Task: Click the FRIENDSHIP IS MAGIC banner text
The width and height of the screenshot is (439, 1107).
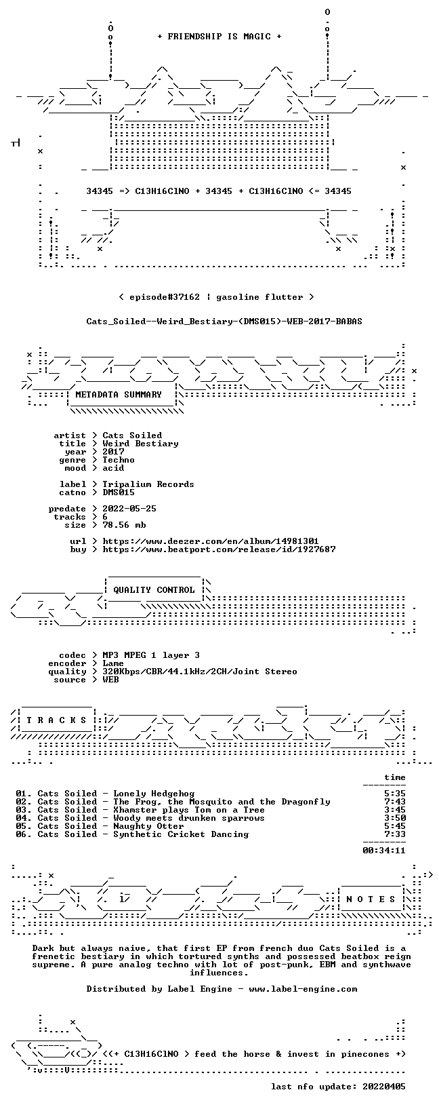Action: pyautogui.click(x=219, y=37)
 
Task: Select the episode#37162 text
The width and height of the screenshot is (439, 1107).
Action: pyautogui.click(x=165, y=297)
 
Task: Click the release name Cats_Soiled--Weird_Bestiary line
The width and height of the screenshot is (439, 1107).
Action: pyautogui.click(x=224, y=322)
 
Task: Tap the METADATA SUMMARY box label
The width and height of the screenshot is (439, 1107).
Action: pyautogui.click(x=119, y=394)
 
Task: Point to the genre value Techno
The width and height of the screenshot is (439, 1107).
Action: pyautogui.click(x=119, y=460)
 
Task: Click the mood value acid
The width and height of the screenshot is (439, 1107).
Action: pyautogui.click(x=113, y=468)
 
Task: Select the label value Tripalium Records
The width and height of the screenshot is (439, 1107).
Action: pyautogui.click(x=148, y=484)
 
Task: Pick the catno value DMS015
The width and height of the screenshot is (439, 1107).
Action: pyautogui.click(x=119, y=492)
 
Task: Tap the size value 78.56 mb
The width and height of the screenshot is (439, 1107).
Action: pyautogui.click(x=124, y=525)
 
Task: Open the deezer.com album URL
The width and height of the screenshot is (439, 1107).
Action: pyautogui.click(x=211, y=541)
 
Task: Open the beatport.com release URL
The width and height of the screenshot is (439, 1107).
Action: pyautogui.click(x=219, y=549)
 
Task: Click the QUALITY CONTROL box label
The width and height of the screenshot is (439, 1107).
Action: pyautogui.click(x=154, y=589)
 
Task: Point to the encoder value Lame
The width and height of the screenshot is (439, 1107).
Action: pyautogui.click(x=113, y=663)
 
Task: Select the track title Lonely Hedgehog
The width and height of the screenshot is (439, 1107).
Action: pyautogui.click(x=154, y=794)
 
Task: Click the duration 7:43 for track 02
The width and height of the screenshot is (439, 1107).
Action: pyautogui.click(x=394, y=802)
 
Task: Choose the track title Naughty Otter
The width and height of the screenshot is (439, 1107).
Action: pyautogui.click(x=148, y=826)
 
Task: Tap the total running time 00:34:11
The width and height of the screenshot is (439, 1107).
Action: pyautogui.click(x=383, y=851)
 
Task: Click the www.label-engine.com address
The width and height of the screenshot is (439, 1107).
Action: pyautogui.click(x=303, y=989)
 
